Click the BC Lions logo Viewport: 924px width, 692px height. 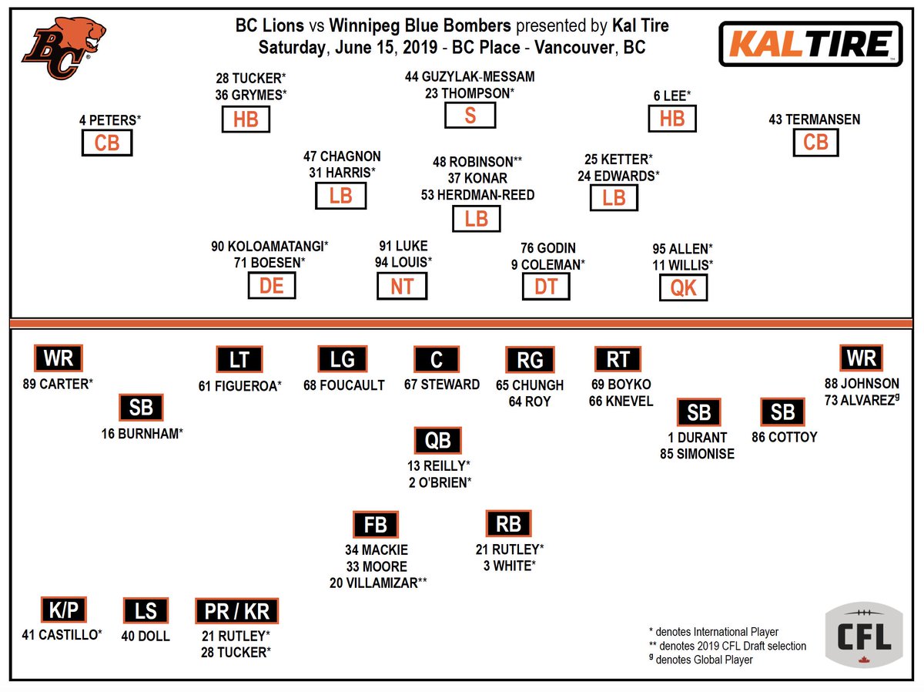pyautogui.click(x=63, y=47)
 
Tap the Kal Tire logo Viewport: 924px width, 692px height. pyautogui.click(x=810, y=44)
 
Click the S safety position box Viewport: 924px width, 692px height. pyautogui.click(x=470, y=115)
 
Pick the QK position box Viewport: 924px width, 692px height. pyautogui.click(x=683, y=287)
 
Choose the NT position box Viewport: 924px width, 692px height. pyautogui.click(x=402, y=287)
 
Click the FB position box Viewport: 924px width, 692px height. pyautogui.click(x=376, y=525)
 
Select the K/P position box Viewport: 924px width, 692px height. pyautogui.click(x=63, y=610)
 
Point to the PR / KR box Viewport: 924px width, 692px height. pyautogui.click(x=236, y=611)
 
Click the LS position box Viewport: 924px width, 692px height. pyautogui.click(x=146, y=611)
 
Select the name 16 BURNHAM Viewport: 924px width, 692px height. pyautogui.click(x=142, y=433)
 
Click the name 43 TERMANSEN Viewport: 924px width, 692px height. pyautogui.click(x=814, y=119)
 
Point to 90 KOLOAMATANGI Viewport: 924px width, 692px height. pyautogui.click(x=269, y=247)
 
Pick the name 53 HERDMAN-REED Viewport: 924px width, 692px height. pyautogui.click(x=477, y=195)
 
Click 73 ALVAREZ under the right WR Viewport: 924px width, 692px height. pyautogui.click(x=862, y=400)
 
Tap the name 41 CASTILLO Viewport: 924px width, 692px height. pyautogui.click(x=62, y=636)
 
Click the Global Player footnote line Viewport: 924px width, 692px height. pyautogui.click(x=701, y=660)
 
